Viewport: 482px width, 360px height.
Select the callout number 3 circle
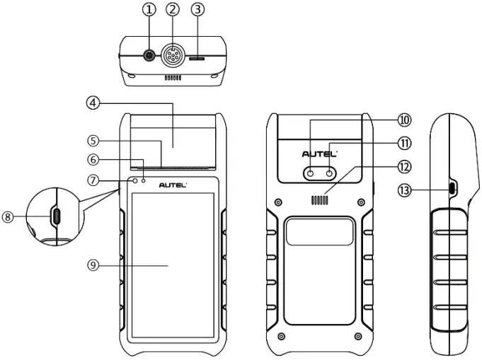coord(198,10)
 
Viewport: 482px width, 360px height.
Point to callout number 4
coord(93,103)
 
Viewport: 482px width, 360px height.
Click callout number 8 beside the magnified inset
coord(8,218)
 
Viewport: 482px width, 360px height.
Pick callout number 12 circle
coord(405,167)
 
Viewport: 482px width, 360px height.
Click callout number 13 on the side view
coord(405,190)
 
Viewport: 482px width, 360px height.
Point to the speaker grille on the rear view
coord(320,201)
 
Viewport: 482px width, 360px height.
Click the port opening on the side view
coord(452,189)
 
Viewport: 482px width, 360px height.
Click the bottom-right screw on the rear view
coord(359,335)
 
